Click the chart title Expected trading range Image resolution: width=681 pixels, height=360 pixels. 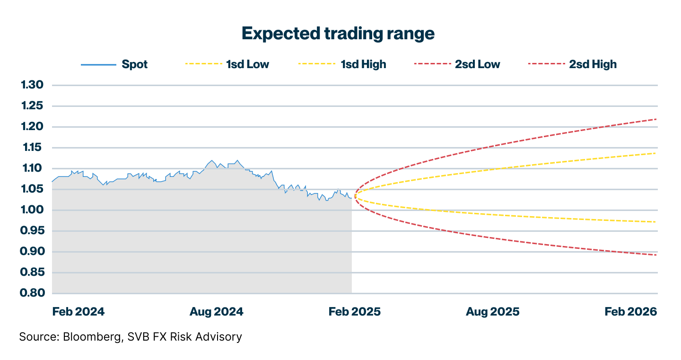point(338,34)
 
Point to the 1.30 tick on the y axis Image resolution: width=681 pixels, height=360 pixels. point(32,85)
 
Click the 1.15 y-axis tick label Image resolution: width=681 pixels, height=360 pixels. point(32,148)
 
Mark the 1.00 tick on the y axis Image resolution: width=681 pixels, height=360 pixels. point(32,210)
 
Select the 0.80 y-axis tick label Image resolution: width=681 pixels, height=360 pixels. point(32,293)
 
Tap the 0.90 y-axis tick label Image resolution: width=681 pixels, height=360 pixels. point(32,252)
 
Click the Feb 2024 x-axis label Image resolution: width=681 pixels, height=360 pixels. point(79,312)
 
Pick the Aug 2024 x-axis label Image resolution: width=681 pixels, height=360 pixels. point(216,312)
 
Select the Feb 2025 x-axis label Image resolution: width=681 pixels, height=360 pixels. point(354,312)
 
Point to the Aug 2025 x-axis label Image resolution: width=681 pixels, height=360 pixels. point(492,312)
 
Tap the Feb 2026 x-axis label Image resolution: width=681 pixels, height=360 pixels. point(631,312)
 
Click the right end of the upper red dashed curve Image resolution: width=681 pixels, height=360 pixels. point(656,119)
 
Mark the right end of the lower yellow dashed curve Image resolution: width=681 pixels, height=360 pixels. point(656,222)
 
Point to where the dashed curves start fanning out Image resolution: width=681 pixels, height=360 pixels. point(354,195)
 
